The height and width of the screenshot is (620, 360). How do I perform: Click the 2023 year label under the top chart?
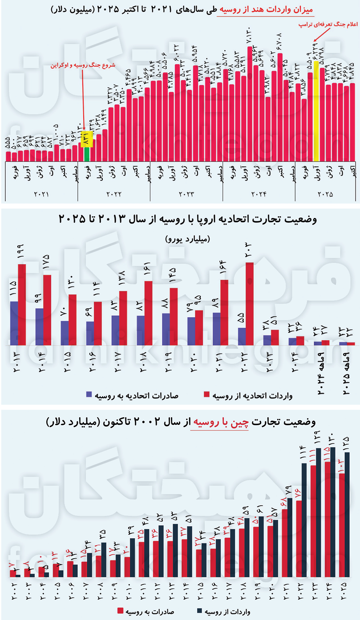pyautogui.click(x=186, y=194)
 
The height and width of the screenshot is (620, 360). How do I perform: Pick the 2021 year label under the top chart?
pyautogui.click(x=41, y=194)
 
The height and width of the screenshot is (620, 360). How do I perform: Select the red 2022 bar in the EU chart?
pyautogui.click(x=249, y=303)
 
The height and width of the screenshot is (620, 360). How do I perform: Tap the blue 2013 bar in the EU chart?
pyautogui.click(x=14, y=323)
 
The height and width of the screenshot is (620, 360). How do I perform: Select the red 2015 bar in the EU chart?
pyautogui.click(x=73, y=319)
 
